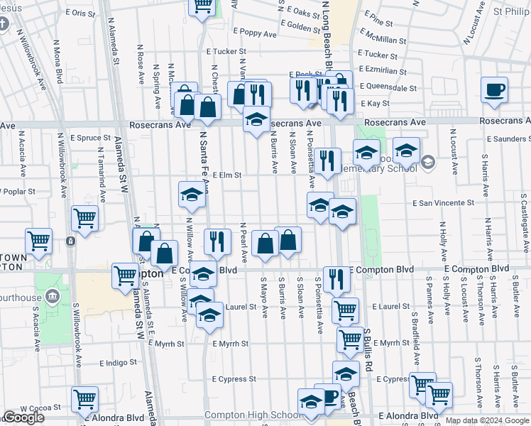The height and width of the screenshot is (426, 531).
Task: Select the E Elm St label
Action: [x=227, y=175]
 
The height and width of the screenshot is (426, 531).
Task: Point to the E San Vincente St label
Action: [x=443, y=203]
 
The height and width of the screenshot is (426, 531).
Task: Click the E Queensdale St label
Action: [x=388, y=89]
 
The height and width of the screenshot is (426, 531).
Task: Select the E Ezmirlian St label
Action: [x=383, y=72]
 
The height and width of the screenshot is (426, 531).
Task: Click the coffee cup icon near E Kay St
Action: [x=494, y=89]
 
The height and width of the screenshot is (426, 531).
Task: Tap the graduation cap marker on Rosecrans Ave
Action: [x=256, y=119]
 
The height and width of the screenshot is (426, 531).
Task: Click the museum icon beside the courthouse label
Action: [x=51, y=295]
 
